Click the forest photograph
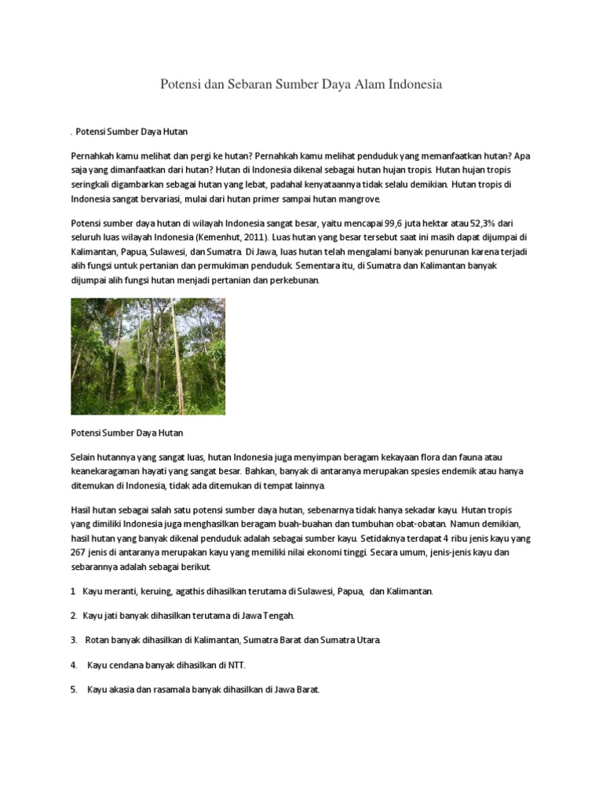point(148,356)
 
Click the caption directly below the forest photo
point(126,433)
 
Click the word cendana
point(125,665)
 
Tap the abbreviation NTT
point(236,665)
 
